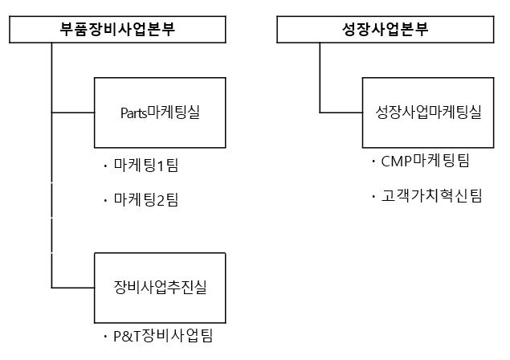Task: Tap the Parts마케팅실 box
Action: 160,112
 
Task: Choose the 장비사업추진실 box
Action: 160,286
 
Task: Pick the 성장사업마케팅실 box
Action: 428,112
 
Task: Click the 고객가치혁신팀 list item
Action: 432,195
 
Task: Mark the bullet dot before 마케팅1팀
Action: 105,167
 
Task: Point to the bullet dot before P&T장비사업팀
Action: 105,335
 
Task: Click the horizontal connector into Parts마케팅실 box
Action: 73,112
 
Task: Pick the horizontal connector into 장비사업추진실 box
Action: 73,286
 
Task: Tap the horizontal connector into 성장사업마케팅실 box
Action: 341,112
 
